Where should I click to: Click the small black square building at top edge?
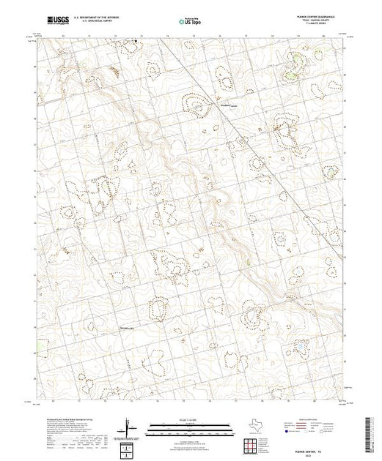click(x=135, y=41)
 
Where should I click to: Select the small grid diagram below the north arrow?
click(x=129, y=446)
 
